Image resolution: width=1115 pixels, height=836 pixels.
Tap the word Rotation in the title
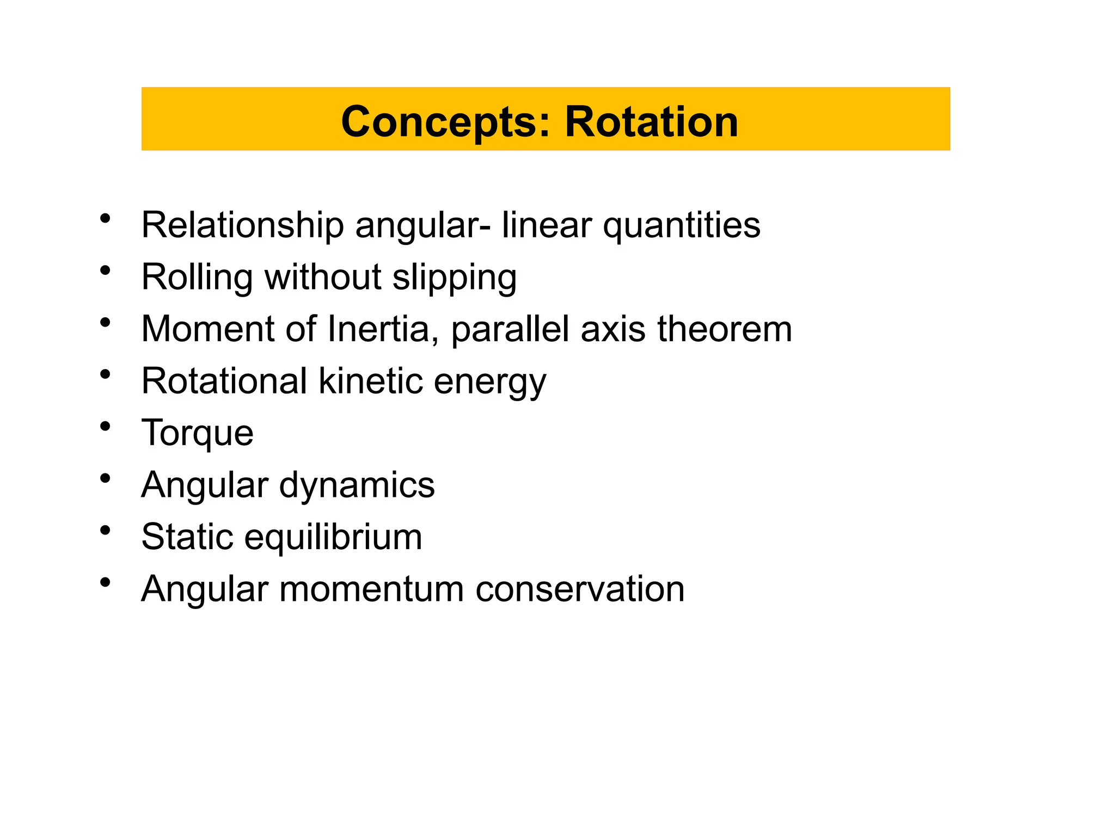651,122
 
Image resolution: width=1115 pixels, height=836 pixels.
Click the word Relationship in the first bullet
242,225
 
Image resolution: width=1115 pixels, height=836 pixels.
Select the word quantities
682,225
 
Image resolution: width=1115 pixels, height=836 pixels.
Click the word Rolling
197,277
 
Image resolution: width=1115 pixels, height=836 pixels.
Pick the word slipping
454,277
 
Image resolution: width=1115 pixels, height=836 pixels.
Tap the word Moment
207,329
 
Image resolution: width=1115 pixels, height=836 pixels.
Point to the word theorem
724,329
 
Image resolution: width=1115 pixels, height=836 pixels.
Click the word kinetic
370,381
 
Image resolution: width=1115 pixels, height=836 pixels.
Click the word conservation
580,589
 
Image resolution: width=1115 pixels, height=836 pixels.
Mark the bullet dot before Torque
106,426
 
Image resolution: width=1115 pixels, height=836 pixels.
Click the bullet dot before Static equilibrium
106,530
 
